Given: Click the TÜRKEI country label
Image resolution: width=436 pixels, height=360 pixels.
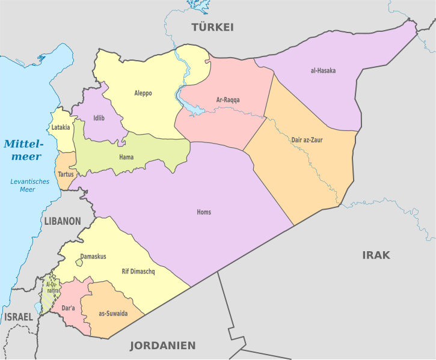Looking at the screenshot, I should tap(212, 27).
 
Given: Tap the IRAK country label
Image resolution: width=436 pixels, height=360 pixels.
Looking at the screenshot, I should tap(376, 255).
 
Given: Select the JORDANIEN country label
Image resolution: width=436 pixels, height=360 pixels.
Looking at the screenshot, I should tap(163, 346).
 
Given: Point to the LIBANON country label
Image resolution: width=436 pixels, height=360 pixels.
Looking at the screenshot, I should tap(62, 221).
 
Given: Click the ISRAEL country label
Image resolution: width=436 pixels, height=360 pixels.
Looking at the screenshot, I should tap(19, 317).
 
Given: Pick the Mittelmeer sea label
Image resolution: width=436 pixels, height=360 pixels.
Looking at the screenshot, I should tap(23, 150).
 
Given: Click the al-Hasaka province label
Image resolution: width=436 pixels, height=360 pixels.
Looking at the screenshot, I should tap(323, 71).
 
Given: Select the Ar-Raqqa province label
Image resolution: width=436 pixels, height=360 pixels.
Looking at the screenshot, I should tap(228, 100).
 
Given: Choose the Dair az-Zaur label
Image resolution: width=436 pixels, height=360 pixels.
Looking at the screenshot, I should tap(307, 140).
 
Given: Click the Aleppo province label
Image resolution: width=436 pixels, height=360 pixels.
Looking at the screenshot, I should tap(143, 93).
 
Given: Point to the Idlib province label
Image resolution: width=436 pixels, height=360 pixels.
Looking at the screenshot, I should tap(99, 118).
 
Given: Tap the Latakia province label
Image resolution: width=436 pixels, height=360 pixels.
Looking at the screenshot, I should tap(61, 127).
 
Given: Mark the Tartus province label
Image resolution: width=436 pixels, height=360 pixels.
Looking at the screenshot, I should tap(66, 174).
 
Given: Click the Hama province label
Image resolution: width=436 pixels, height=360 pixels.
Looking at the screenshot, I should tap(126, 157).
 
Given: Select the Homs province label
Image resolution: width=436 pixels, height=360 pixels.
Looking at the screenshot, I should tap(204, 212).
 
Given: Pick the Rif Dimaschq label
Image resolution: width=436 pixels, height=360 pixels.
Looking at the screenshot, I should tap(138, 272).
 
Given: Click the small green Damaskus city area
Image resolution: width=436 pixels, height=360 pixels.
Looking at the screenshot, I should tap(79, 263).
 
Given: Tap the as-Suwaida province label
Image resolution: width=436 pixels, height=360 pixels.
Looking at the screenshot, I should tap(113, 314).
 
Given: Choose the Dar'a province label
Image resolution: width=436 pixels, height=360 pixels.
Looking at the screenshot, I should tap(68, 308).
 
